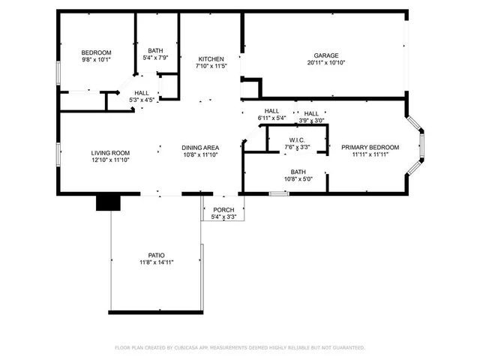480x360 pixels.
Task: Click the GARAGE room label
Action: click(x=325, y=55)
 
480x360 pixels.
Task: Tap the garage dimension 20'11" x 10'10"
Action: click(x=325, y=63)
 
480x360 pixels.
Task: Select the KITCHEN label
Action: click(x=211, y=59)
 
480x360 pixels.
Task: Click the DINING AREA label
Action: click(x=200, y=148)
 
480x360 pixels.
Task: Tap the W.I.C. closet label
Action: click(x=296, y=140)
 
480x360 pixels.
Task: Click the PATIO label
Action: click(x=156, y=255)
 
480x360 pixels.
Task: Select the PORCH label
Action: click(x=224, y=210)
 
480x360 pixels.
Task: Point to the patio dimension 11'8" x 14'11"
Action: click(x=156, y=262)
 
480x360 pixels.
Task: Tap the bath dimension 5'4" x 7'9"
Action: click(x=156, y=58)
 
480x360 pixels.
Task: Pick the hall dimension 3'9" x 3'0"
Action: click(x=311, y=121)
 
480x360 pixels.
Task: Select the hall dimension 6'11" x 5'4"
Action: click(x=271, y=118)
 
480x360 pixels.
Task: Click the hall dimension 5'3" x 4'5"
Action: click(x=142, y=100)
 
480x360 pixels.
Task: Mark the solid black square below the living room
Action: click(x=109, y=202)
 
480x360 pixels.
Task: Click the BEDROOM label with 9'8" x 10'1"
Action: click(x=96, y=52)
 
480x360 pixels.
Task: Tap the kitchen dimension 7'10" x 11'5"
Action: click(x=211, y=67)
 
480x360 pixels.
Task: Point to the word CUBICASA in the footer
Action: click(x=189, y=348)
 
